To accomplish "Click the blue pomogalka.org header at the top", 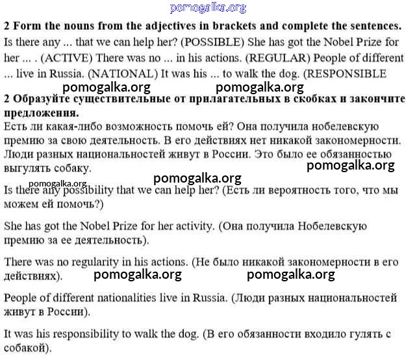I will click(x=208, y=8).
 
